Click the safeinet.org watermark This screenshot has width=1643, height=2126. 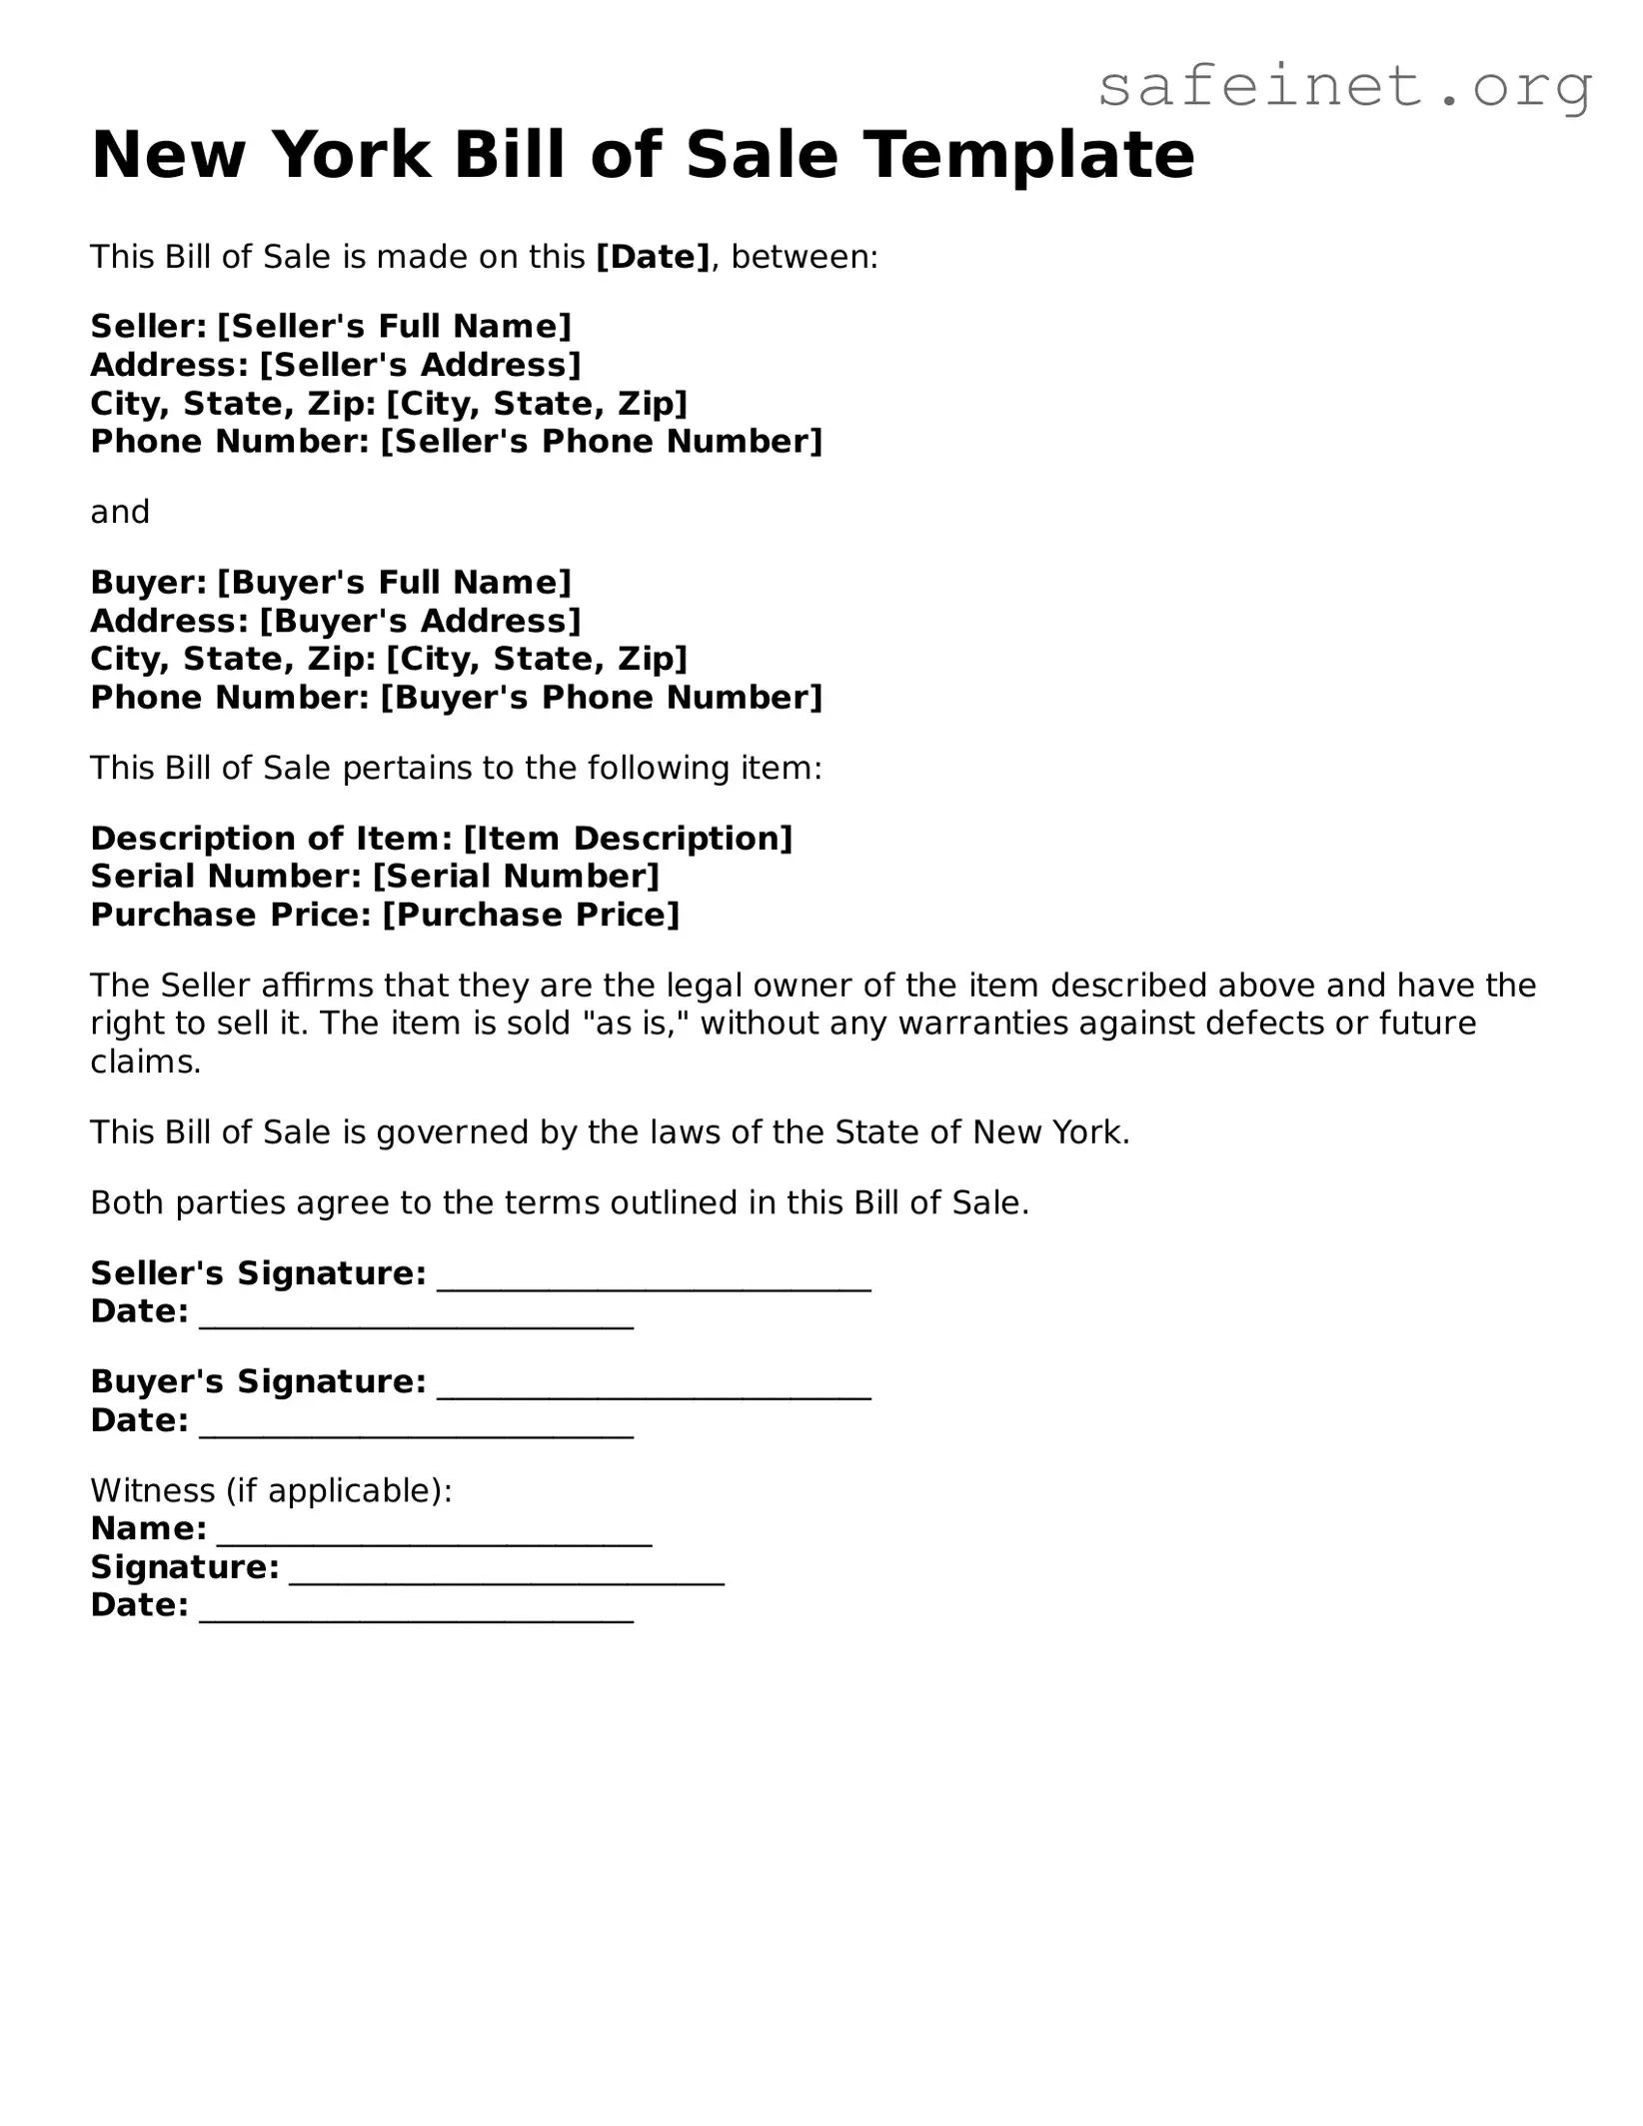(1344, 87)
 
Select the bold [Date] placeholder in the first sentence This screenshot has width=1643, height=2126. (653, 258)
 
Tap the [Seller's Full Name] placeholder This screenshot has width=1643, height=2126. (394, 327)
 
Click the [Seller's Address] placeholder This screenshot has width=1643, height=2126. (420, 365)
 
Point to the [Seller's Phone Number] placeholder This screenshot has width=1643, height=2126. (602, 442)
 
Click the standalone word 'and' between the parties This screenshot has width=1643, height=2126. (120, 512)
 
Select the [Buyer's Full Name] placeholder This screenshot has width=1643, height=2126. (394, 583)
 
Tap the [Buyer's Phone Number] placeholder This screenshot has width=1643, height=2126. (602, 698)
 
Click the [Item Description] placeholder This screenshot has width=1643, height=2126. (628, 839)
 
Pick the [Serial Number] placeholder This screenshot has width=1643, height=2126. (516, 877)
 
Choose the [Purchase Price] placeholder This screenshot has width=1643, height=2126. (531, 916)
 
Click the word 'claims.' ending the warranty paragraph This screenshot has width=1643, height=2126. (146, 1063)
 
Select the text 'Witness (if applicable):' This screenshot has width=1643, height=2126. (271, 1491)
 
